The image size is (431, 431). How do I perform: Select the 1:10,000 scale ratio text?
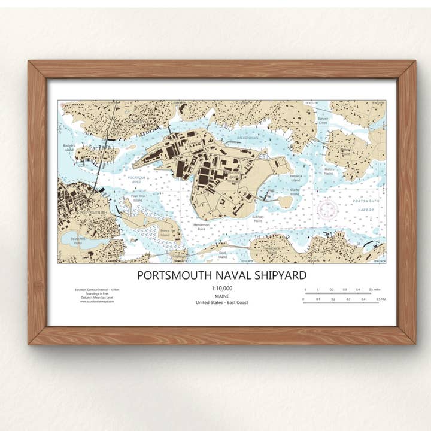point(221,289)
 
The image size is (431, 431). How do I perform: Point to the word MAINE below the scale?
point(221,296)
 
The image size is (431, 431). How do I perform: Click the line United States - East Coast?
point(221,302)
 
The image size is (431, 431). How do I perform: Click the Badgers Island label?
point(69,148)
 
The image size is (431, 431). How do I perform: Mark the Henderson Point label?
point(202,226)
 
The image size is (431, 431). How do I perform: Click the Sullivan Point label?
point(257,219)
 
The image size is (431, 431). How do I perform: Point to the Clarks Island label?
point(295,191)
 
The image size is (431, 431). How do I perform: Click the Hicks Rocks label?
point(328,171)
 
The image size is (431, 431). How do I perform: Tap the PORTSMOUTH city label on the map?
point(93,213)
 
